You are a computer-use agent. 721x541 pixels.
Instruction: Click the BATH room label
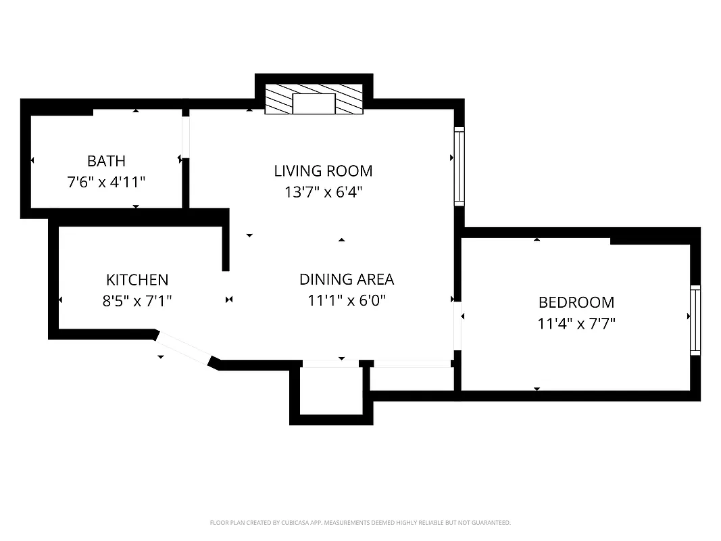[106, 161]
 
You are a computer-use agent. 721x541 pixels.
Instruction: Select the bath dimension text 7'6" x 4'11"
[106, 182]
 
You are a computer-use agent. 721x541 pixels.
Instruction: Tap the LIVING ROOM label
[323, 170]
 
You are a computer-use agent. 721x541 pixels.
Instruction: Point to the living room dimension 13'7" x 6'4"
[323, 192]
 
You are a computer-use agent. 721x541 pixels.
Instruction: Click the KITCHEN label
[137, 280]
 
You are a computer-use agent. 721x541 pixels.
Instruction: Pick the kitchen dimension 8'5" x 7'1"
[137, 301]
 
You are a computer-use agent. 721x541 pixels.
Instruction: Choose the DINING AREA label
[346, 279]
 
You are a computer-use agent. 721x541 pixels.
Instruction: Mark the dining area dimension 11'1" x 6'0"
[346, 300]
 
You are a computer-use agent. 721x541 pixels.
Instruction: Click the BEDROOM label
[576, 302]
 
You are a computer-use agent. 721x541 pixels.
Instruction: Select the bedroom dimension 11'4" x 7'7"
[576, 323]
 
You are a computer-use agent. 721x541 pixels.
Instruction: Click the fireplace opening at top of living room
[314, 103]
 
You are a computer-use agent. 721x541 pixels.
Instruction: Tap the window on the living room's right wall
[459, 166]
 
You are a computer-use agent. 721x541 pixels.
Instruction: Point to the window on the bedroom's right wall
[695, 320]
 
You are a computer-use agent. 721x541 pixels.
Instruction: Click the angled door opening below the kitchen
[184, 348]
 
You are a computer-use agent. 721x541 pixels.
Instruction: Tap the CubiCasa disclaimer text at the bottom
[360, 523]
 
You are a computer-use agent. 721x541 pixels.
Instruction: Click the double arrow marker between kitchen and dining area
[229, 300]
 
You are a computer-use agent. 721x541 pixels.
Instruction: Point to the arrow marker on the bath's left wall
[32, 160]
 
